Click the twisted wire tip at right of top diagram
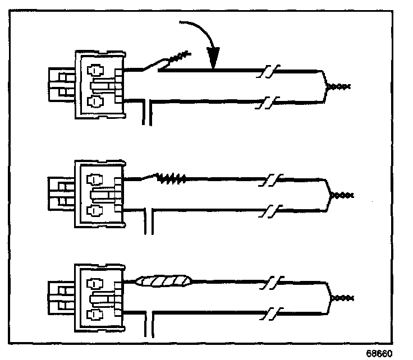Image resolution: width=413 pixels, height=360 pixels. point(339,86)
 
